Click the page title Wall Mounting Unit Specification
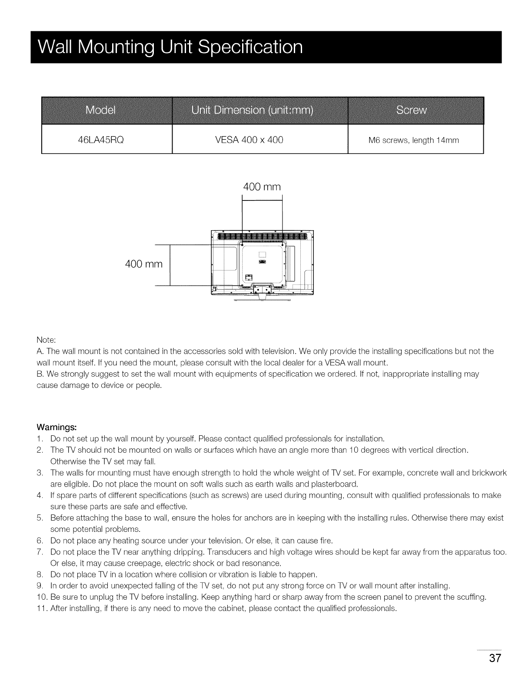coord(170,47)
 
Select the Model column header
coord(100,110)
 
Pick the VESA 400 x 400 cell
coord(249,140)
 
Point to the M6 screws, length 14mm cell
coord(413,140)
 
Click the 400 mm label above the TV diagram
coord(262,187)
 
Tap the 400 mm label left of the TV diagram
coord(143,264)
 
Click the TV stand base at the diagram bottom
coord(261,296)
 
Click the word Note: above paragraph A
coord(45,339)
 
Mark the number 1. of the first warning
coord(40,438)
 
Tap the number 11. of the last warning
coord(42,608)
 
